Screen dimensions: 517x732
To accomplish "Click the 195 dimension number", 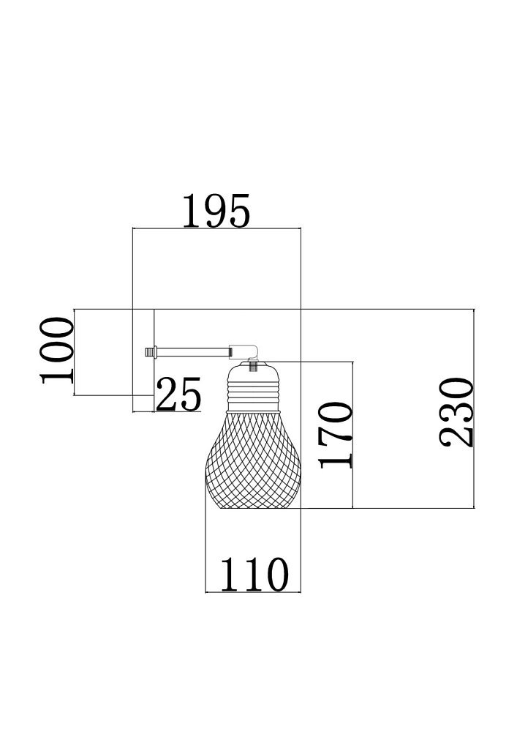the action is point(216,211).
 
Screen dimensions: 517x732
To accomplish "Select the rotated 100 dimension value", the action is point(57,351).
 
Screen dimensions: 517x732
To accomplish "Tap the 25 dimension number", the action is point(178,394).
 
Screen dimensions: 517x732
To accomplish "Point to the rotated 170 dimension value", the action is point(335,435).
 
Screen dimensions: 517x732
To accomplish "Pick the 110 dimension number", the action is point(254,575).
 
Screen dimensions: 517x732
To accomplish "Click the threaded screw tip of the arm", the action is point(149,351).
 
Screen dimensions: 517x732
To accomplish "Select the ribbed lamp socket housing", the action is point(253,387).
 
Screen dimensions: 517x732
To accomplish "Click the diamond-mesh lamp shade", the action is point(253,460).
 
